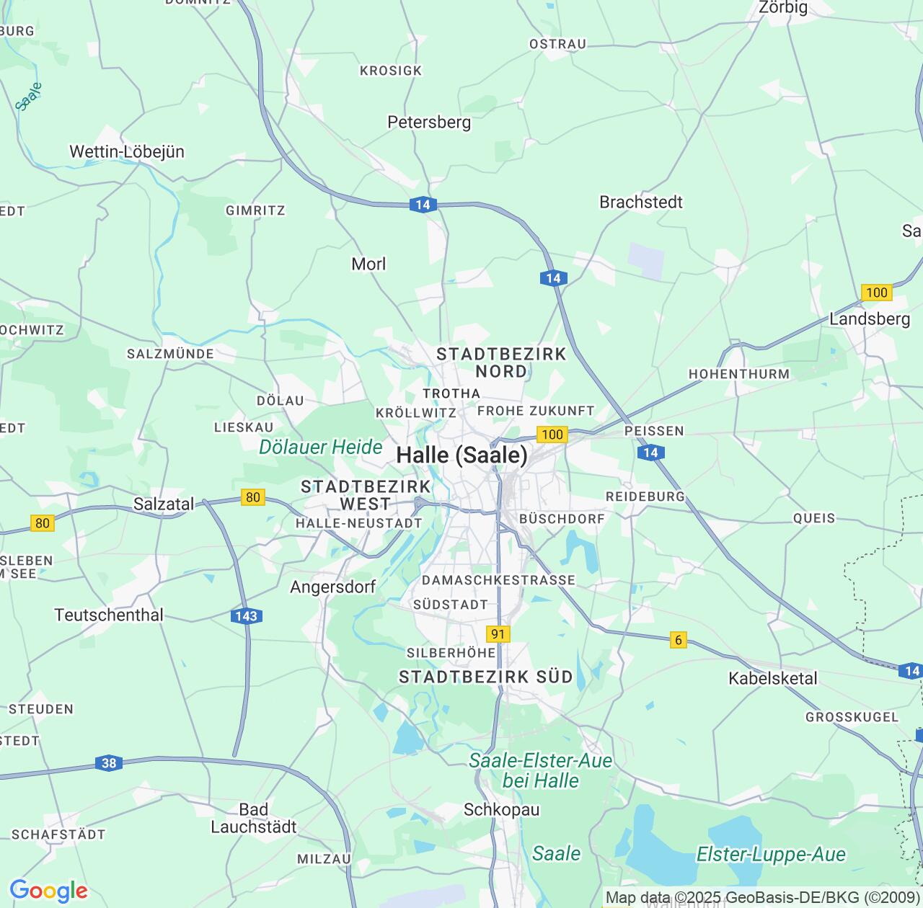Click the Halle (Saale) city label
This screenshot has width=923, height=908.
click(x=461, y=455)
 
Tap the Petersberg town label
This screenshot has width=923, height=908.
click(x=429, y=123)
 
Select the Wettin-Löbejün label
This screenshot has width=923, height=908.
click(x=127, y=152)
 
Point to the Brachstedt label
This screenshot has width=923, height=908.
click(x=641, y=202)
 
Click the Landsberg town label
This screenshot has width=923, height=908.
click(x=870, y=319)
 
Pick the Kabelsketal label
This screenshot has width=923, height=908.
click(x=773, y=678)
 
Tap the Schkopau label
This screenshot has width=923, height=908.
click(x=501, y=810)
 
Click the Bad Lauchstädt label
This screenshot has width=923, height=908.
click(x=254, y=819)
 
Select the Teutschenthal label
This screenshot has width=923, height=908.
click(x=109, y=615)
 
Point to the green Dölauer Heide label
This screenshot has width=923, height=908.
click(x=321, y=448)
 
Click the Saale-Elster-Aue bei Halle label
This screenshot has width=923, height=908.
click(x=541, y=770)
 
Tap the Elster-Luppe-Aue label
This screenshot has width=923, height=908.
click(x=770, y=855)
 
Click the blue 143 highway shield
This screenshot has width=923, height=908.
click(x=247, y=616)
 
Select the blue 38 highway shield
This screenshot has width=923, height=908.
click(x=108, y=763)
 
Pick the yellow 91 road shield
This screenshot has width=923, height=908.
click(x=498, y=634)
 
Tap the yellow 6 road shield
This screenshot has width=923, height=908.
click(x=678, y=640)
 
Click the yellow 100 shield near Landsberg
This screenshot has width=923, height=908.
click(x=876, y=293)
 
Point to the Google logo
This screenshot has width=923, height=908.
click(x=48, y=891)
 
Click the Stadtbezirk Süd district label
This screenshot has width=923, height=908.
click(x=485, y=677)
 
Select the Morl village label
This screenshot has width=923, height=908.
click(x=368, y=264)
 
